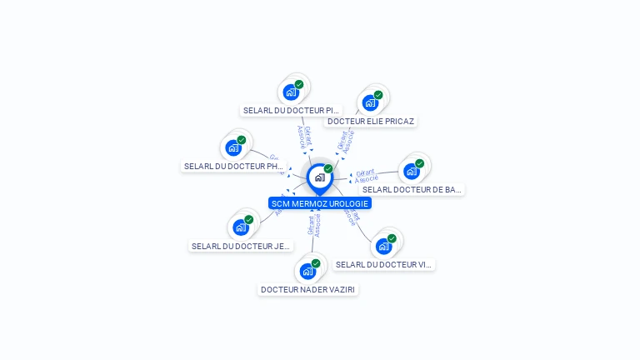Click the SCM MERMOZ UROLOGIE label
pos(319,203)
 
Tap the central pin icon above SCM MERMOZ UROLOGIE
pos(319,177)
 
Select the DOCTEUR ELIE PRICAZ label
pos(370,121)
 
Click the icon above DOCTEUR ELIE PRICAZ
pos(370,102)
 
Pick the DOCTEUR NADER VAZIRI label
pos(308,289)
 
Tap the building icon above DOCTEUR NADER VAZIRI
pos(307,271)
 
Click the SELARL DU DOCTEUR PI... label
pos(291,110)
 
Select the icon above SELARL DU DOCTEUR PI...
pos(291,92)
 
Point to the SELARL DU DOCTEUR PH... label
pos(234,166)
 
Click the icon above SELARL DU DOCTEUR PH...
pos(233,147)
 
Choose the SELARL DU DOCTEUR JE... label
pos(241,246)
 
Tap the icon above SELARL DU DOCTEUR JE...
pos(241,227)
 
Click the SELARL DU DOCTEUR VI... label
pos(384,264)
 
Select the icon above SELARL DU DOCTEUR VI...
pos(383,246)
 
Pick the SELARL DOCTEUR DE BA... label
pos(412,189)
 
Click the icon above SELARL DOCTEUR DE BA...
pos(412,171)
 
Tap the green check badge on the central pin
pos(328,168)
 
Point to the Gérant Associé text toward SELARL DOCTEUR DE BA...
pos(366,176)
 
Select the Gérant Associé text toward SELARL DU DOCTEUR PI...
pos(304,138)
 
